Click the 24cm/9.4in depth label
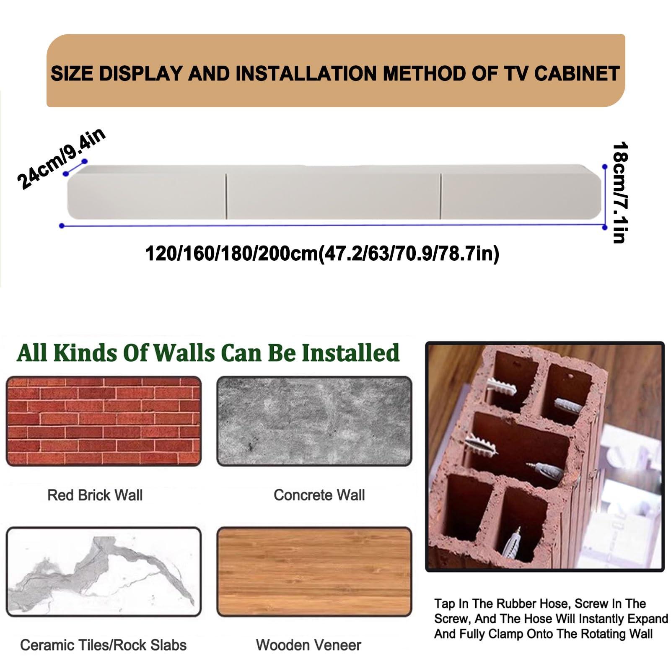[61, 158]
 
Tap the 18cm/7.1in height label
[619, 193]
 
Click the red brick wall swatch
[104, 421]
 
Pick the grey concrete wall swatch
[314, 421]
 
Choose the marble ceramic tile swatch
[104, 572]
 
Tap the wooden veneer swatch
[314, 572]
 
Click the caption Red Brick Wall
[95, 495]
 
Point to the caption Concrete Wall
[319, 495]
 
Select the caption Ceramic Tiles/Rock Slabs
[103, 645]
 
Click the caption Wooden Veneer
[308, 645]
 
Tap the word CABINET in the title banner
[577, 74]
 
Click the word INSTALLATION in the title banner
[306, 74]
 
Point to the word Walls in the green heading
[184, 353]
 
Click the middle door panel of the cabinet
[334, 196]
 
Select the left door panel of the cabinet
[147, 196]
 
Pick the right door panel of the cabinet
[521, 196]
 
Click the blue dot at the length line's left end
[62, 226]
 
